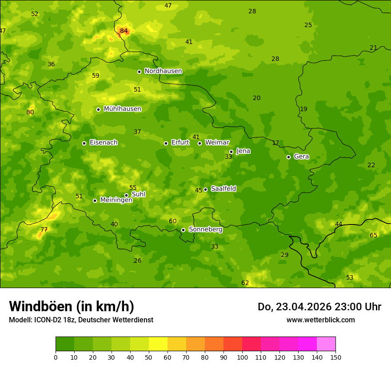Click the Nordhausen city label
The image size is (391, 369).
tap(163, 71)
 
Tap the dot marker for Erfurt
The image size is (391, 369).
tap(166, 143)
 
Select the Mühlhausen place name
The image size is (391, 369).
tap(122, 109)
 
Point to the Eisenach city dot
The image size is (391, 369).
tap(84, 143)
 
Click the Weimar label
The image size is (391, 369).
tap(217, 143)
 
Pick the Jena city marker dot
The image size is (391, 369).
tap(231, 152)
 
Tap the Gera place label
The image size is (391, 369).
tap(301, 156)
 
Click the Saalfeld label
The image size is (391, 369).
tap(223, 189)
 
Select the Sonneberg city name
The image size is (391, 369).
tap(205, 229)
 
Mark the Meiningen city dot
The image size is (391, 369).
tap(95, 201)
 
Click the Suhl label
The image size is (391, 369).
tap(139, 194)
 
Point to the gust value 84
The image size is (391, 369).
tap(124, 31)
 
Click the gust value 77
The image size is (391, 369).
tap(44, 230)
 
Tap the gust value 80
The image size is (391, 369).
tap(30, 112)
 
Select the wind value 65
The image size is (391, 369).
tap(374, 236)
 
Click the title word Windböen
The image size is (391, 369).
tap(40, 307)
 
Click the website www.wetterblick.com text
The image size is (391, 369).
tap(320, 320)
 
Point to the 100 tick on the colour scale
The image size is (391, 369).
tap(242, 357)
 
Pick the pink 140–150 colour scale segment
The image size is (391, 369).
tap(326, 344)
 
